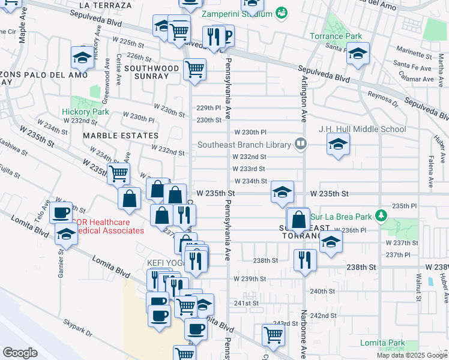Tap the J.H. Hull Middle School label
pos(362,129)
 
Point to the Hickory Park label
pos(85,112)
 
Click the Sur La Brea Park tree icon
pos(379,215)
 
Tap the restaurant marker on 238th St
pos(305,260)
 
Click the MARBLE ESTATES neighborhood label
pos(121,136)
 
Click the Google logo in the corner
pos(20,352)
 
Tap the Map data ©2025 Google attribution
pos(412,355)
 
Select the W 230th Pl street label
pos(250,132)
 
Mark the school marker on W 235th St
pos(282,192)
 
